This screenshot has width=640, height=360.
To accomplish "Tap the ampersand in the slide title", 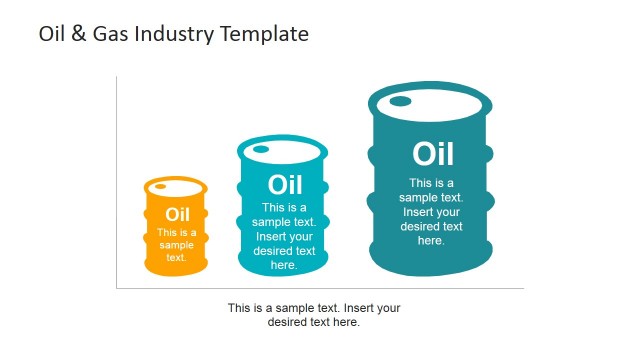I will (78, 34).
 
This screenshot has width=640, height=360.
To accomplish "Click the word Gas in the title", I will (110, 34).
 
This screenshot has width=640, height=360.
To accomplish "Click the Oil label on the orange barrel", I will (177, 214).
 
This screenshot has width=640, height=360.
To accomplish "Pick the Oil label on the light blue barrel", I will (285, 185).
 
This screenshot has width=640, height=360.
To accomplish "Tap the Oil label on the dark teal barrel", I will (432, 154).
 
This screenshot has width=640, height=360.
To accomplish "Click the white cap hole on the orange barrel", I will (161, 186).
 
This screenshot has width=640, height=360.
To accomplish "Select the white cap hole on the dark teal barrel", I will (400, 101).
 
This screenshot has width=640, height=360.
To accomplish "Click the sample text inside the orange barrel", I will (177, 245).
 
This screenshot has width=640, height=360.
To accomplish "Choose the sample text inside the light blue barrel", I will (284, 237).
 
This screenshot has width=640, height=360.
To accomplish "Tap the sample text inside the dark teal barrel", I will (431, 212).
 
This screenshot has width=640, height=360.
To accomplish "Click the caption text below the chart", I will (314, 315).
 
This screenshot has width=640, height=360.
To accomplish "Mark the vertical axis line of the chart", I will (116, 180).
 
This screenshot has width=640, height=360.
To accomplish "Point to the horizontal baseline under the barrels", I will (320, 289).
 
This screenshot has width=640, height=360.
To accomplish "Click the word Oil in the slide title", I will (51, 34).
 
